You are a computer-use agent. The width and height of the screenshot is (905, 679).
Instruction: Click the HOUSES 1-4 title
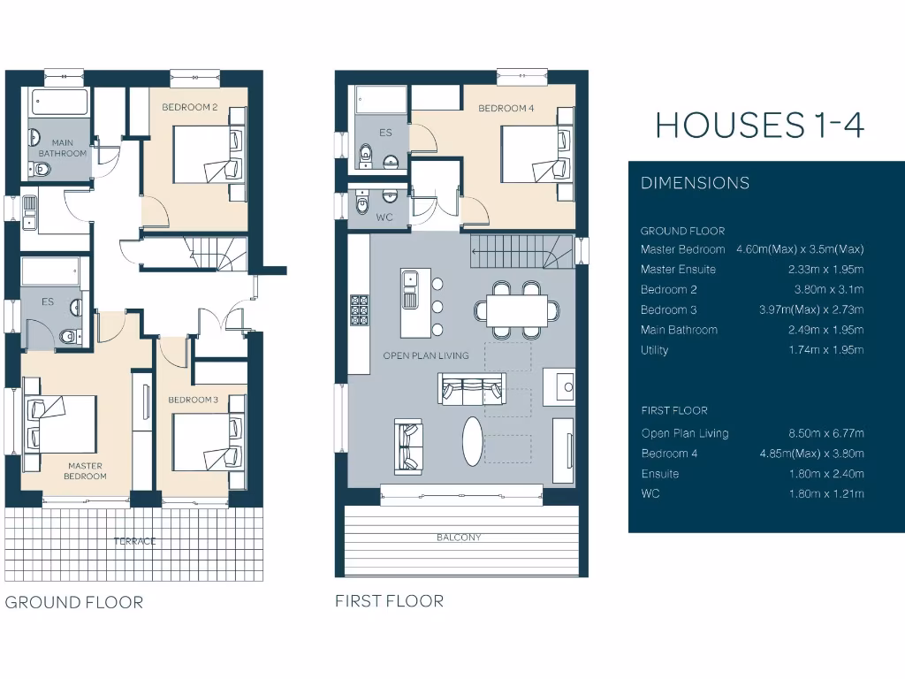click(759, 125)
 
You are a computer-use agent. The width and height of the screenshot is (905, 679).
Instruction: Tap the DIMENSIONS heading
click(695, 183)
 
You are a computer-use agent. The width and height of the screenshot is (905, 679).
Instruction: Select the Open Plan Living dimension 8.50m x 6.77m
click(825, 433)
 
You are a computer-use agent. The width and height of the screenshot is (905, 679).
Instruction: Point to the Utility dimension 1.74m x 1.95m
click(825, 350)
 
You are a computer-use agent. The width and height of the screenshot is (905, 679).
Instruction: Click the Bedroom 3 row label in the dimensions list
click(668, 309)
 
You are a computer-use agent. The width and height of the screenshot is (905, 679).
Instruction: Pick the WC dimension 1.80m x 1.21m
click(825, 493)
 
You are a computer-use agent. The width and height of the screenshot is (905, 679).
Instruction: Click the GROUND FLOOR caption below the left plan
click(74, 603)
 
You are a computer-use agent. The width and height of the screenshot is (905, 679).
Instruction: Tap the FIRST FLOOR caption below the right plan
click(389, 601)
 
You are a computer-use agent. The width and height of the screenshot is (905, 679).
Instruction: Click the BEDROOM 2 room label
click(189, 108)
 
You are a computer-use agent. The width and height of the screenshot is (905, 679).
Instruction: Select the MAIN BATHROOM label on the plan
click(63, 148)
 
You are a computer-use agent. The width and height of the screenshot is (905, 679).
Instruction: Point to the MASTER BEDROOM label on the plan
click(84, 470)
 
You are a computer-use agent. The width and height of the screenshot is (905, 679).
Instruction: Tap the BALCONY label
click(459, 538)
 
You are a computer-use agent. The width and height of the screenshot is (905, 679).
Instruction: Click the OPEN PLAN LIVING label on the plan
click(425, 355)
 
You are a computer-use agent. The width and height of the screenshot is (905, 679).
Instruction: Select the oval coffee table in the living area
click(474, 439)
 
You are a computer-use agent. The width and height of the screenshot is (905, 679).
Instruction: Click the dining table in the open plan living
click(516, 310)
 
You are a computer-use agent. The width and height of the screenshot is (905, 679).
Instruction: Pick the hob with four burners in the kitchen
click(359, 309)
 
